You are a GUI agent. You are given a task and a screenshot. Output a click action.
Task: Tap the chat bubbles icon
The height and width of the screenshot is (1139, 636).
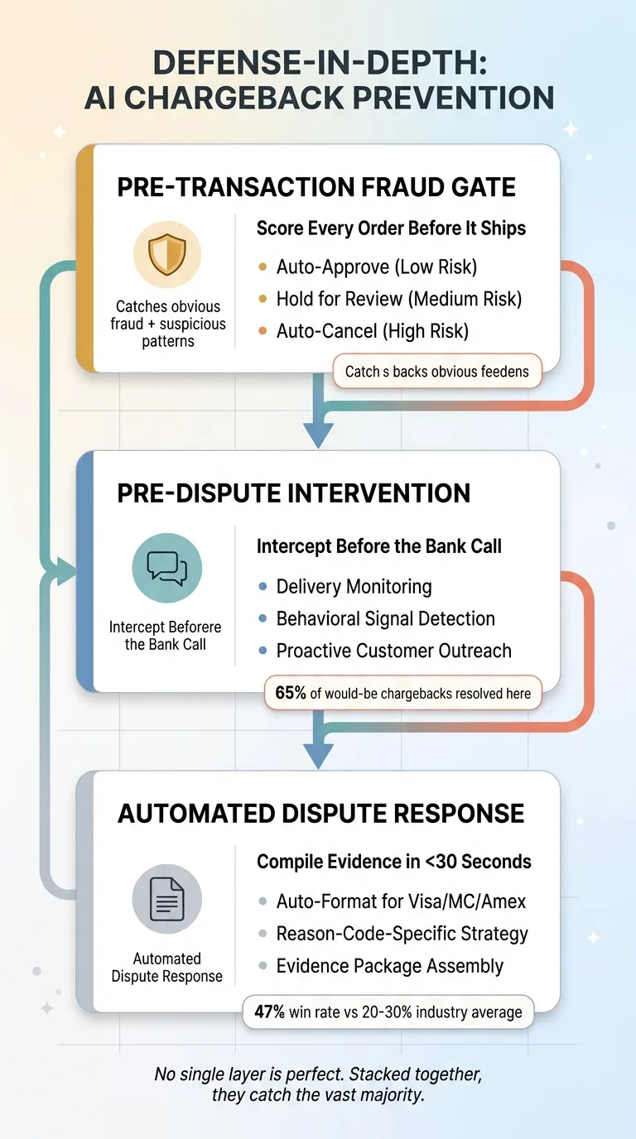[166, 567]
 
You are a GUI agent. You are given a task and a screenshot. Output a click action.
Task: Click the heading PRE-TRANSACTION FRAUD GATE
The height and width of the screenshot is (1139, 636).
[316, 186]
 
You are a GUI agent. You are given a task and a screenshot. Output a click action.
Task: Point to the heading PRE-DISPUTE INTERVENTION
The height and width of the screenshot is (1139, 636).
[293, 493]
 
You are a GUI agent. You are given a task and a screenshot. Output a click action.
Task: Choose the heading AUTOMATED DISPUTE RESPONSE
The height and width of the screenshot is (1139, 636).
[320, 813]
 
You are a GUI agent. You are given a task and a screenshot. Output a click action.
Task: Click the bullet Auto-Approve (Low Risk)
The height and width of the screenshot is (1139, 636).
[377, 267]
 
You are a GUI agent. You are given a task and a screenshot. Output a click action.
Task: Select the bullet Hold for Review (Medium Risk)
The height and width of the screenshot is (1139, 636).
[398, 299]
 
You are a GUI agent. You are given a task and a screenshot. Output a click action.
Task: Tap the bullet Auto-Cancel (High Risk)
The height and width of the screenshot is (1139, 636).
[372, 331]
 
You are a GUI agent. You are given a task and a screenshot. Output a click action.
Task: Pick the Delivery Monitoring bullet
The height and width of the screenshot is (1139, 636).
[354, 587]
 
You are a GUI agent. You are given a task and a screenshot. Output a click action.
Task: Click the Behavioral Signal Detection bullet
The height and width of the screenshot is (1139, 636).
[385, 618]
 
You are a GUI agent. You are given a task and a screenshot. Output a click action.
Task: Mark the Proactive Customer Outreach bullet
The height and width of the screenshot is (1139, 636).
[393, 651]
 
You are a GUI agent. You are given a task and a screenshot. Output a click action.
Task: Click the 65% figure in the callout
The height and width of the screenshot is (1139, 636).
[291, 693]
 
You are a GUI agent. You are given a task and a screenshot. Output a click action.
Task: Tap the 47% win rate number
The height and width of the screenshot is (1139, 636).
[271, 1012]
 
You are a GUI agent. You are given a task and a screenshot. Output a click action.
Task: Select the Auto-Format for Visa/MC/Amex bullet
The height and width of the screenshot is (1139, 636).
[401, 901]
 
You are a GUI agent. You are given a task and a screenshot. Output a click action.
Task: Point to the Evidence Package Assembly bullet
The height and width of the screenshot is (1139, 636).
[389, 966]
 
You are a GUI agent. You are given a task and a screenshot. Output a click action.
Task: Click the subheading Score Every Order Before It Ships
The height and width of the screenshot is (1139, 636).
[391, 228]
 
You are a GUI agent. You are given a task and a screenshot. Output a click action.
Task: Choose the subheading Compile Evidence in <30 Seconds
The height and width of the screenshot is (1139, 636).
[394, 862]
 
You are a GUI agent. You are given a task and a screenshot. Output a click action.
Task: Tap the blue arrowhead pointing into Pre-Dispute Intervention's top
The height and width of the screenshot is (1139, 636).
[318, 434]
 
